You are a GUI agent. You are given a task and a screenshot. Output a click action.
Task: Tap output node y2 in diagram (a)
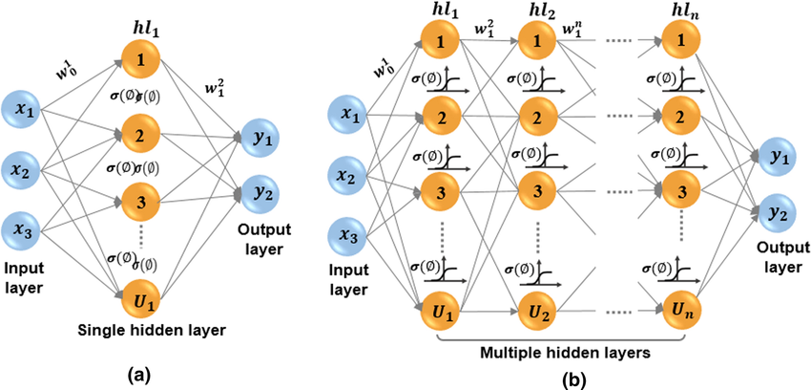[258, 194]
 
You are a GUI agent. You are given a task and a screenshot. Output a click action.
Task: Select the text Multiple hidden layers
[566, 352]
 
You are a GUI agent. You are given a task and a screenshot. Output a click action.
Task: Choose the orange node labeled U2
[538, 311]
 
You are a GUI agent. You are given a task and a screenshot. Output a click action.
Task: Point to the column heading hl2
[539, 13]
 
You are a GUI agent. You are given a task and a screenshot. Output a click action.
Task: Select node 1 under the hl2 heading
[538, 44]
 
